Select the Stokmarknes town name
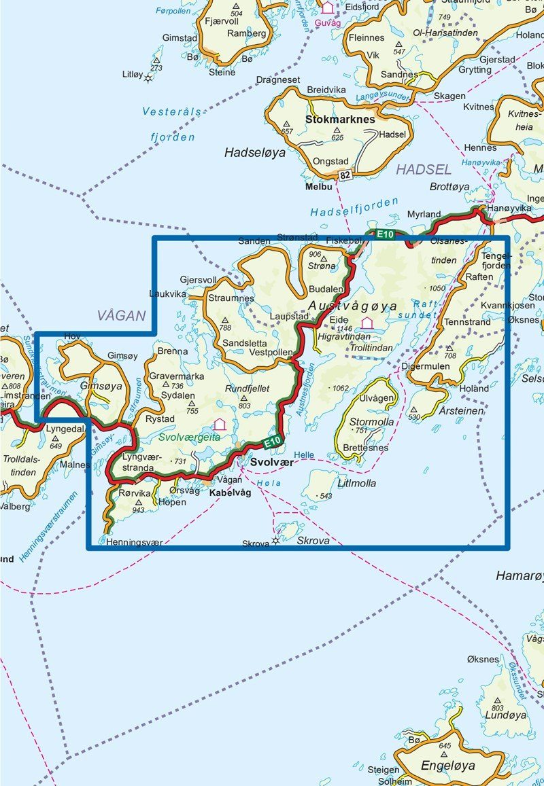pos(341,119)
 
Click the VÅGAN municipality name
pos(122,315)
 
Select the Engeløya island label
pos(448,766)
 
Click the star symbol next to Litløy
pos(148,77)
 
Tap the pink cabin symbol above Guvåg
pos(328,7)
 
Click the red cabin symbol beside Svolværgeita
pos(220,424)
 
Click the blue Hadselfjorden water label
pos(345,211)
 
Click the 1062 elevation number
pos(339,388)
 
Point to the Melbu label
pos(319,186)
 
